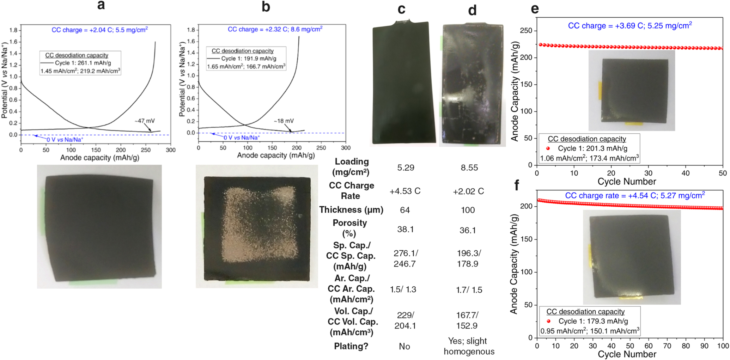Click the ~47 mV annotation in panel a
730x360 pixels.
pyautogui.click(x=145, y=121)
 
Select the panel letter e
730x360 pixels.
pyautogui.click(x=535, y=8)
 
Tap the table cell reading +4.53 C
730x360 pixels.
pyautogui.click(x=405, y=191)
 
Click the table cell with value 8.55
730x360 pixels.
pyautogui.click(x=469, y=168)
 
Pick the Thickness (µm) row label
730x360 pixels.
pyautogui.click(x=351, y=210)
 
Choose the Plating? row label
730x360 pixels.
pyautogui.click(x=351, y=346)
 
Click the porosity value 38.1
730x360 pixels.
pyautogui.click(x=405, y=230)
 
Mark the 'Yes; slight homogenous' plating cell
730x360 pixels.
pyautogui.click(x=469, y=346)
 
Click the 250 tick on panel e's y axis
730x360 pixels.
pyautogui.click(x=526, y=31)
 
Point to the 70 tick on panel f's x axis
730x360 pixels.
pyautogui.click(x=667, y=346)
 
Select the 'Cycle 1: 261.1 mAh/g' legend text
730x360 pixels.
pyautogui.click(x=83, y=63)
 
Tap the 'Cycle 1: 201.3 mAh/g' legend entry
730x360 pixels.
pyautogui.click(x=592, y=148)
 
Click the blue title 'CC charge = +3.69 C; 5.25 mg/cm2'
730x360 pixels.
pyautogui.click(x=630, y=26)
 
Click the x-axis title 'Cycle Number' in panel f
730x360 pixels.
pyautogui.click(x=627, y=354)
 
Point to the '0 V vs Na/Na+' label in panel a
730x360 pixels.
pyautogui.click(x=65, y=140)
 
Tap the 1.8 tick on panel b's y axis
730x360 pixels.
pyautogui.click(x=191, y=30)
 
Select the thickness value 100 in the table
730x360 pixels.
pyautogui.click(x=468, y=210)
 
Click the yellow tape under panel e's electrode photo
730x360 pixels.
pyautogui.click(x=634, y=124)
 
